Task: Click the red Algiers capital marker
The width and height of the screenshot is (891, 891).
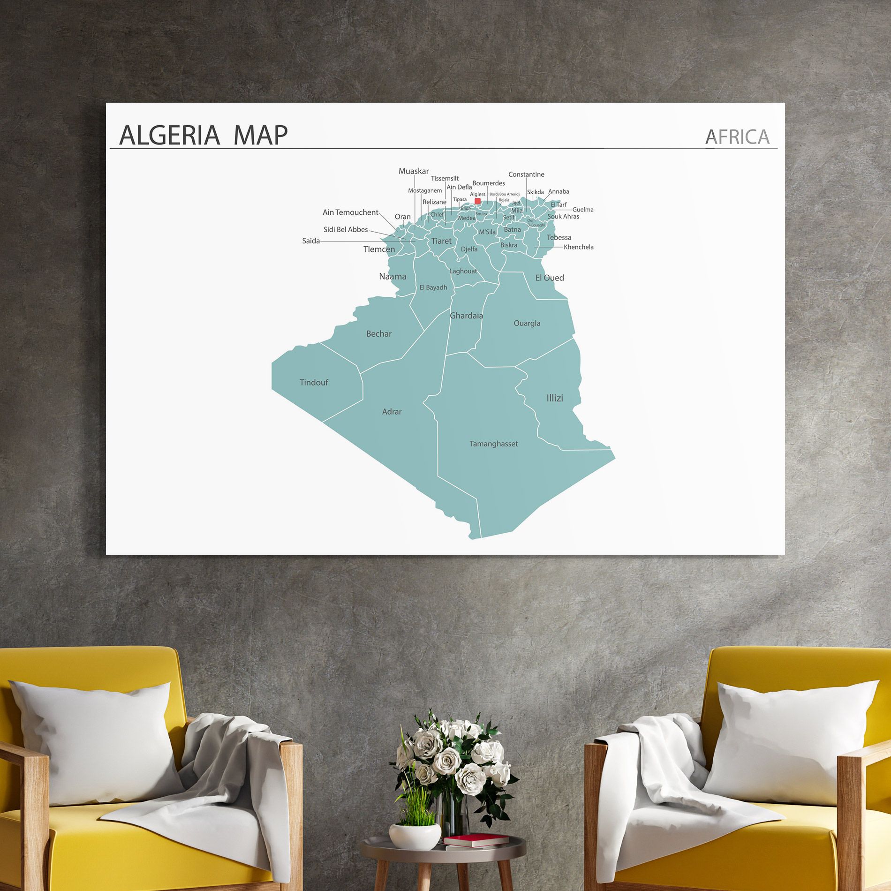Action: click(477, 201)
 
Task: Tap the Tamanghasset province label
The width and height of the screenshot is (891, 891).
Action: click(493, 444)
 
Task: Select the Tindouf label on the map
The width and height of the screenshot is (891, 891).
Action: click(314, 383)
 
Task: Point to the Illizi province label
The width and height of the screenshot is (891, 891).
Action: click(554, 398)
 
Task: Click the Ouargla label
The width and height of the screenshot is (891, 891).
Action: click(527, 323)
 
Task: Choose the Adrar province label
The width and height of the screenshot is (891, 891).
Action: click(392, 412)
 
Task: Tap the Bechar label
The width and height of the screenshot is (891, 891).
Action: click(378, 334)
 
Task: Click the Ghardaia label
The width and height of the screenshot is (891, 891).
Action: click(466, 316)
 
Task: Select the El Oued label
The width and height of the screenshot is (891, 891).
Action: click(550, 278)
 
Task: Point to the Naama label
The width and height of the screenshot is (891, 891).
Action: click(393, 277)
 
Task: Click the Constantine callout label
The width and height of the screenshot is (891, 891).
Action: click(526, 174)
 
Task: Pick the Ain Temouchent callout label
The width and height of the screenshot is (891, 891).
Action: click(350, 212)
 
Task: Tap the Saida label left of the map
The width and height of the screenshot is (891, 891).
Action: click(311, 241)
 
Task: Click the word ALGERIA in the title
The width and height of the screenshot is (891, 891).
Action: click(170, 136)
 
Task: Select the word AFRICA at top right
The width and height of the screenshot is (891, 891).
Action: click(737, 137)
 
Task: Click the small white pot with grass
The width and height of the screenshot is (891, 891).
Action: click(415, 835)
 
